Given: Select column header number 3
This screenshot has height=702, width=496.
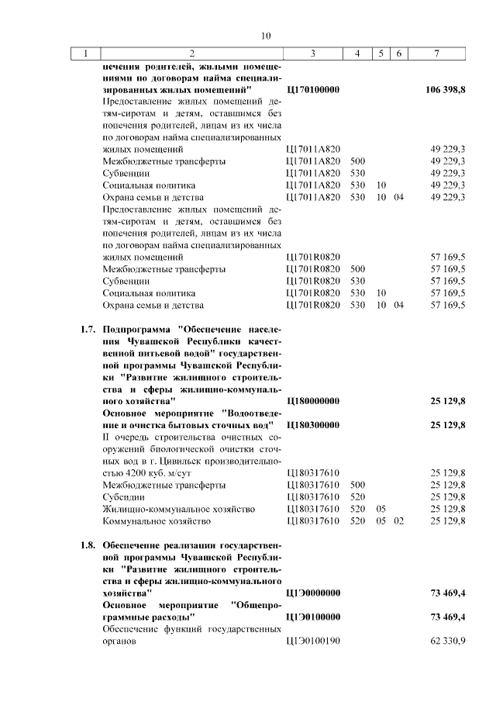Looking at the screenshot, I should pos(312,54).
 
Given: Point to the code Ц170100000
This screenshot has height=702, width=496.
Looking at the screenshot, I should pos(313,90).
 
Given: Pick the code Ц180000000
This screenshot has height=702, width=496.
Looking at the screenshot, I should pos(313,401).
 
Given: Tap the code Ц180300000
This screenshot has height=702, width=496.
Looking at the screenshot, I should pos(313,425).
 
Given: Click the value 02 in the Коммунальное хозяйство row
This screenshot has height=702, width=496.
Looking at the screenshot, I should pos(398,520).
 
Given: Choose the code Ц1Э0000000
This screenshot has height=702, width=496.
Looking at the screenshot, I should pos(313,593).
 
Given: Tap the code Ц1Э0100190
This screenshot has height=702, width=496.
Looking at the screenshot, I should pos(313,641).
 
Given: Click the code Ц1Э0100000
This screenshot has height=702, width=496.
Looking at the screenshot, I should pos(313,617).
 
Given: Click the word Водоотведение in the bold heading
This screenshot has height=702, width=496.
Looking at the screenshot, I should pos(252,413).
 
